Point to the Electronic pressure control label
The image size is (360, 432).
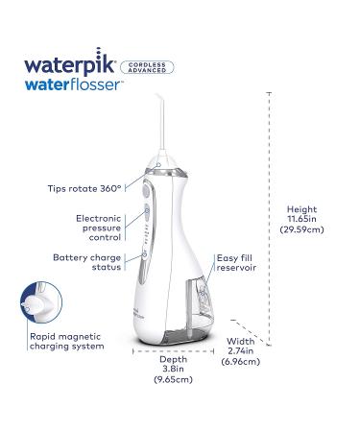tap(99, 225)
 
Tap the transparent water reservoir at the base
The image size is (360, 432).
tap(182, 331)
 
